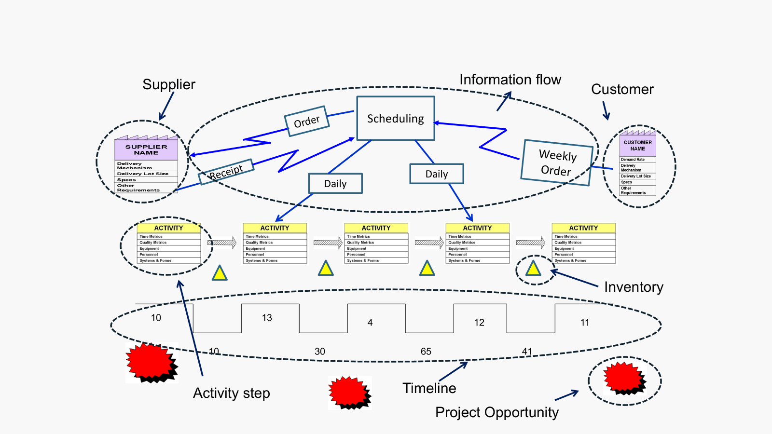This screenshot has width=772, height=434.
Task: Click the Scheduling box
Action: tap(396, 118)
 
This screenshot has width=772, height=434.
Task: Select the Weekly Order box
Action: tap(557, 163)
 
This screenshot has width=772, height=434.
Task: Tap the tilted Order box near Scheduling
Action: tap(307, 121)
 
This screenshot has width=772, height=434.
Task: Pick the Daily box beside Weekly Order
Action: tap(437, 174)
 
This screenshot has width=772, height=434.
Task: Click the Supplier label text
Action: tap(169, 84)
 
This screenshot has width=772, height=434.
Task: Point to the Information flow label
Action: tap(510, 80)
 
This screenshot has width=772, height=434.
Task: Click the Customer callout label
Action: tap(622, 89)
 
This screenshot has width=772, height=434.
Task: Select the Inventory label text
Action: tap(634, 287)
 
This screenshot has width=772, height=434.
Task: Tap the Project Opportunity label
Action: tap(496, 412)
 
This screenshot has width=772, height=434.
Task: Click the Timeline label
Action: tap(429, 388)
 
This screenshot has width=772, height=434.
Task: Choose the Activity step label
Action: tap(231, 393)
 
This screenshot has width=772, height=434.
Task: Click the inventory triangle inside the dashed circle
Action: tap(533, 269)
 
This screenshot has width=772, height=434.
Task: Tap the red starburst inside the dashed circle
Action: tap(624, 378)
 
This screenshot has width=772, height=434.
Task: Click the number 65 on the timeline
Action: tap(426, 352)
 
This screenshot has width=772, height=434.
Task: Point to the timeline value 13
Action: tap(267, 318)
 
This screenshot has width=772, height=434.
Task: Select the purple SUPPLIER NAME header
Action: tap(146, 149)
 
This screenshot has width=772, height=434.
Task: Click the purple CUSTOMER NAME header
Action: tap(637, 146)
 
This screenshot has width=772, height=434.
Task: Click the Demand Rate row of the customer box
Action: tap(637, 159)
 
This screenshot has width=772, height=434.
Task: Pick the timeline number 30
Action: tap(319, 352)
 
